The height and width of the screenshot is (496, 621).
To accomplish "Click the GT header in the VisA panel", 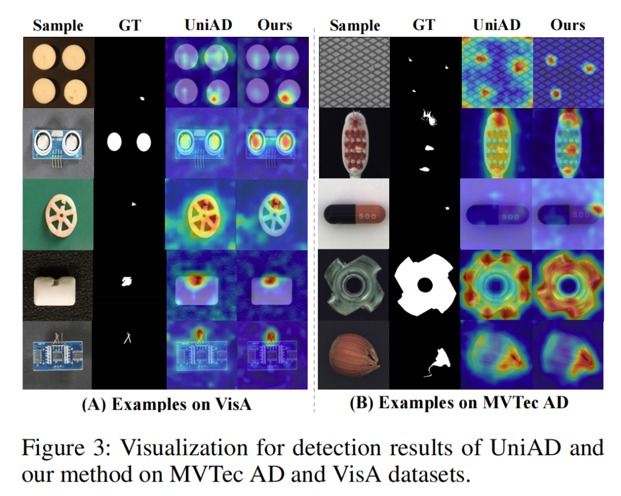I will [x=131, y=25].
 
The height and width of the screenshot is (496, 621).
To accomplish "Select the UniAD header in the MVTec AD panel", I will [x=496, y=25].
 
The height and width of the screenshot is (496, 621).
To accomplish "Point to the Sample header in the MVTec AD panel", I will [x=354, y=25].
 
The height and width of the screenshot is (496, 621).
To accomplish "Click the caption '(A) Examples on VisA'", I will [x=167, y=404].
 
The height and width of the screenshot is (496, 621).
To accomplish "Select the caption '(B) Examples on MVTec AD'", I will [x=459, y=402].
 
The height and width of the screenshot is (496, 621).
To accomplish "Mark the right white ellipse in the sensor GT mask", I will [x=144, y=141].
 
